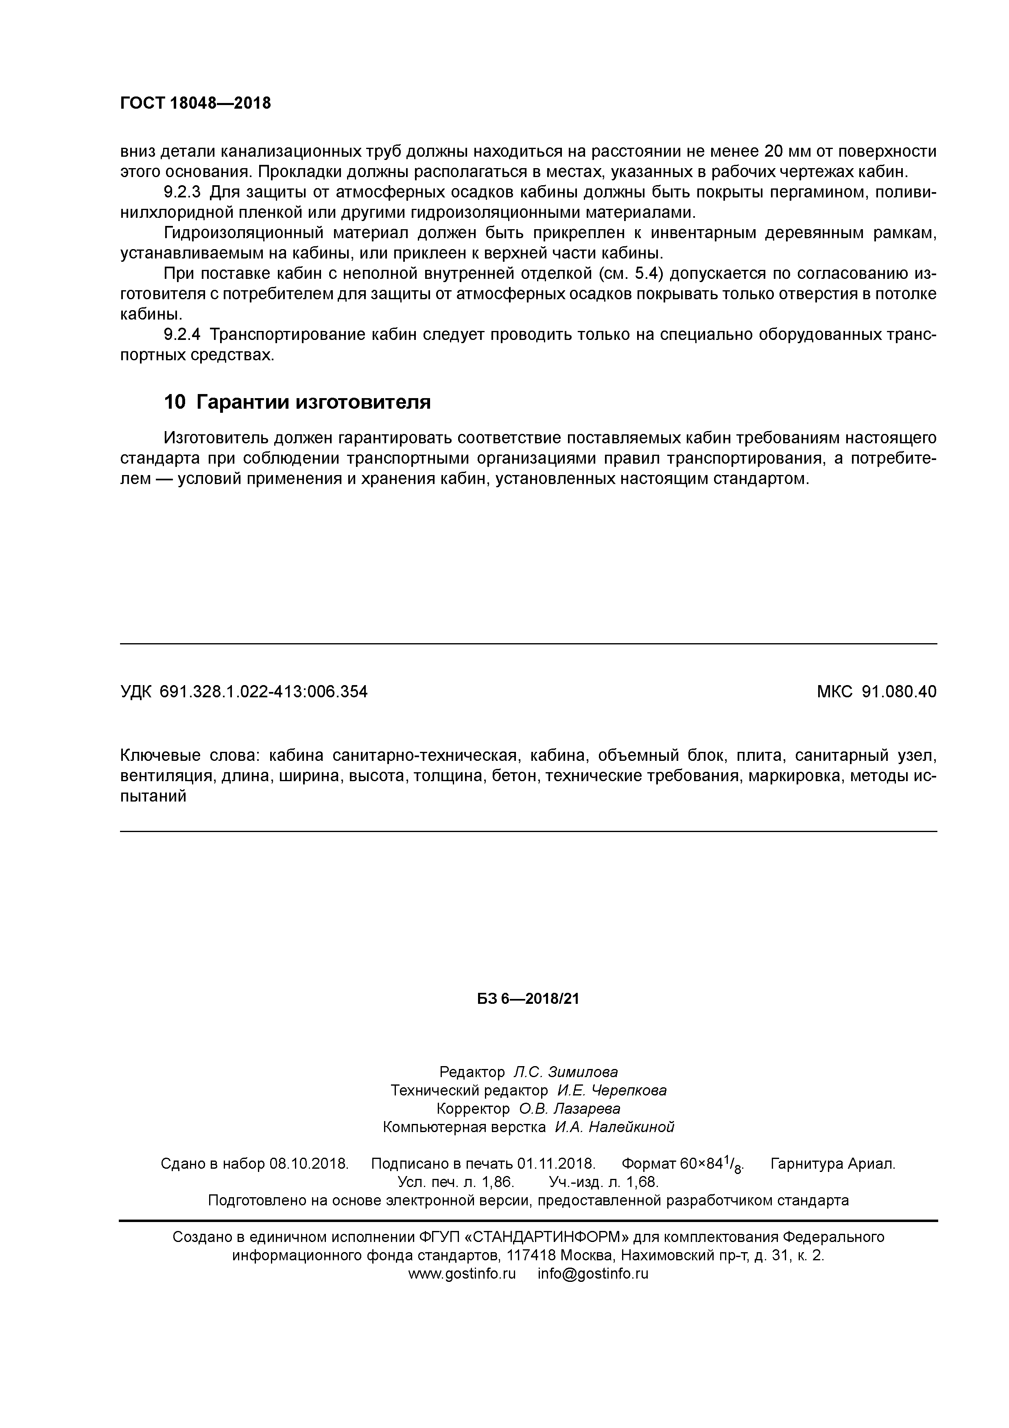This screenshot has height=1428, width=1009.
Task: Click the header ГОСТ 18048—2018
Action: tap(195, 103)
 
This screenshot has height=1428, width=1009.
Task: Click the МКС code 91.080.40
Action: tap(899, 692)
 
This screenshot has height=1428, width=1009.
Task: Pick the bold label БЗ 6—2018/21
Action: tap(528, 999)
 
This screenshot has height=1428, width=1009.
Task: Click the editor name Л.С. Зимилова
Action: tap(566, 1072)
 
